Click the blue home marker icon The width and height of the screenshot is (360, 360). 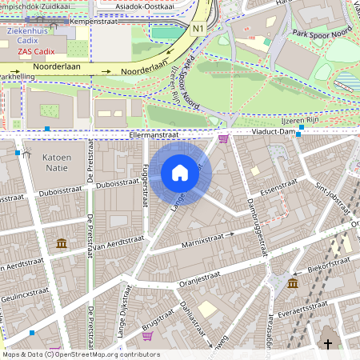click(x=180, y=172)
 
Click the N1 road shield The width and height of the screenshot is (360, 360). click(x=198, y=28)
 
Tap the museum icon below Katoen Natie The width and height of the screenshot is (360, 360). click(x=62, y=243)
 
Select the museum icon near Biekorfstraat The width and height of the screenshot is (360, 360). click(x=293, y=283)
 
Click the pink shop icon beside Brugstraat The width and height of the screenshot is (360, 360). click(x=147, y=335)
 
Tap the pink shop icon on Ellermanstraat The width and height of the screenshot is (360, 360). click(x=222, y=138)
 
